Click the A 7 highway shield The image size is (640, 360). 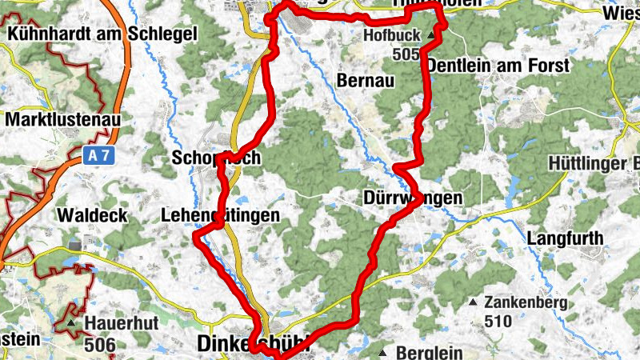(x=98, y=158)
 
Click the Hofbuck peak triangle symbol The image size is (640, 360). (x=431, y=36)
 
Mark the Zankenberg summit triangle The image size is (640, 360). (x=473, y=302)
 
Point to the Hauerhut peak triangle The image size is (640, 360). (x=71, y=323)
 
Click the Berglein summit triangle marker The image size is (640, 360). (x=383, y=352)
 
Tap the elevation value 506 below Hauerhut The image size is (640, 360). (x=99, y=345)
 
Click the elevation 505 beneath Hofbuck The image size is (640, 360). (x=406, y=54)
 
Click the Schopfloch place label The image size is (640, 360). (x=216, y=158)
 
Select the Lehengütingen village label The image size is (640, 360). (x=220, y=215)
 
